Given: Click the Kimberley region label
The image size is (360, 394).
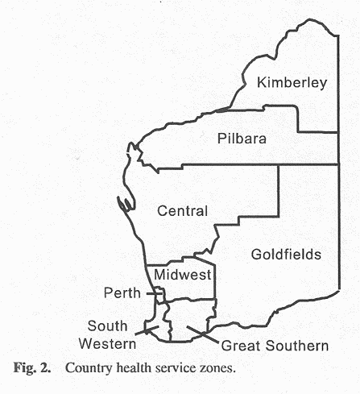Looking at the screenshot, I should (291, 82).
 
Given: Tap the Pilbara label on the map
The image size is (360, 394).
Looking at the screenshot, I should (242, 139).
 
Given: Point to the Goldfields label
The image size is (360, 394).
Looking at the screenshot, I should (286, 255).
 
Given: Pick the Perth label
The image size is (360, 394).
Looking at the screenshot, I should (122, 292).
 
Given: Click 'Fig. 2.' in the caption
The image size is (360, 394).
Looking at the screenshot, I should (34, 372).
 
